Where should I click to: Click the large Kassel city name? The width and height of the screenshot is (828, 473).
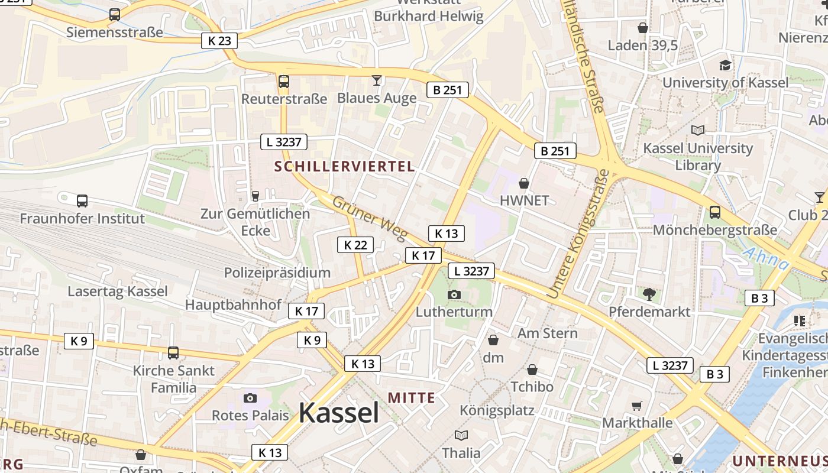[x=338, y=413]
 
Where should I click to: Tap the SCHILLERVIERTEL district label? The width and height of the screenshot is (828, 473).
[x=345, y=167]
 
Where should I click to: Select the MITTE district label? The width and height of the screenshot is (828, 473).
[x=412, y=398]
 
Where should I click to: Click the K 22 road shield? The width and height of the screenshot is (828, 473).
[x=355, y=245]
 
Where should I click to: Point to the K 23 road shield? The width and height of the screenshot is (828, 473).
[x=219, y=41]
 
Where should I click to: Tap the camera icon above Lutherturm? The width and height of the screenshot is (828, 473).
[x=454, y=294]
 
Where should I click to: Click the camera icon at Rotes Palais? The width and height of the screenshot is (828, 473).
[x=250, y=398]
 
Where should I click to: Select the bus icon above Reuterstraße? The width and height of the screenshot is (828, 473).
[x=284, y=81]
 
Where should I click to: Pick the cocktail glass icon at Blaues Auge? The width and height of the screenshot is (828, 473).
[x=377, y=80]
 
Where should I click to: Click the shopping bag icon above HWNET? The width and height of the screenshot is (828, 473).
[x=523, y=183]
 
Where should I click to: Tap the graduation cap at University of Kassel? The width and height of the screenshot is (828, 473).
[x=725, y=65]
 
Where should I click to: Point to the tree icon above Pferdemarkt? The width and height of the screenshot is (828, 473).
[x=649, y=294]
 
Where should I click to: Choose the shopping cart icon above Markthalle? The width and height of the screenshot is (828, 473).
[x=637, y=406]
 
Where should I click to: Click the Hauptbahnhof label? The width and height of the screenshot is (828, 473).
[x=233, y=304]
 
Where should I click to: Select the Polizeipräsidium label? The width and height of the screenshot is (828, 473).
[x=277, y=273]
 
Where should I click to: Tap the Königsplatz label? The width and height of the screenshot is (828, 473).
[x=497, y=410]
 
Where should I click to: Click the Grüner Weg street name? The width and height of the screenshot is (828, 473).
[x=370, y=218]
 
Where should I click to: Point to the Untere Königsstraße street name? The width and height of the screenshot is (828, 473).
[x=578, y=234]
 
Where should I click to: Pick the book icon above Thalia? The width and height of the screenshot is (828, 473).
[x=461, y=435]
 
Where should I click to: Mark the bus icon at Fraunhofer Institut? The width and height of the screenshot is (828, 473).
[x=82, y=201]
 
